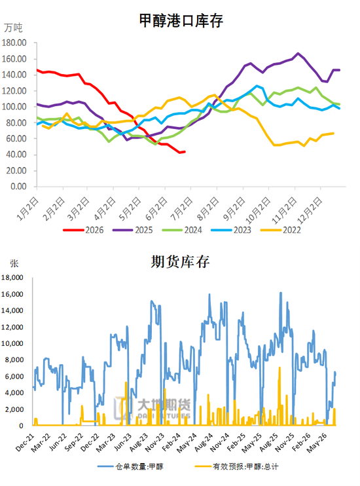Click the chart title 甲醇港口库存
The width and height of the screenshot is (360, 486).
click(x=181, y=21)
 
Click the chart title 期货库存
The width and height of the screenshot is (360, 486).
click(x=180, y=261)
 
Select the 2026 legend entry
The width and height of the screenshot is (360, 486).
click(x=83, y=230)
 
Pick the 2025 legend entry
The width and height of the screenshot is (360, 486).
click(x=133, y=230)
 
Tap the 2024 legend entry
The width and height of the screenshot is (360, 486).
click(x=182, y=230)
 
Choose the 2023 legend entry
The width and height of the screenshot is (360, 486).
click(x=231, y=230)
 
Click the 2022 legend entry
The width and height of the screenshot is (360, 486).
click(x=280, y=230)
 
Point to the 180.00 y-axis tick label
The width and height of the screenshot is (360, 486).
click(x=14, y=43)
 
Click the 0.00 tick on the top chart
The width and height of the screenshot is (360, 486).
click(x=18, y=186)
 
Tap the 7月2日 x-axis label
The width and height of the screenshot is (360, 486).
click(x=181, y=209)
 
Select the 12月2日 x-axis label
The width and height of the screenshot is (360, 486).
click(x=310, y=211)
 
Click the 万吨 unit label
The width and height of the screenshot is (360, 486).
click(x=13, y=28)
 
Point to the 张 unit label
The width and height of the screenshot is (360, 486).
click(x=14, y=263)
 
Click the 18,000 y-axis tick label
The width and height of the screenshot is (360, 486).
click(x=12, y=278)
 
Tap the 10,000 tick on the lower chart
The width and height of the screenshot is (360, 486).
click(x=12, y=343)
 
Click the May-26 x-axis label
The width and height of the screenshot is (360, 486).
click(x=317, y=443)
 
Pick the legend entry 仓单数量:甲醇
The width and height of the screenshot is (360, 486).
click(x=130, y=466)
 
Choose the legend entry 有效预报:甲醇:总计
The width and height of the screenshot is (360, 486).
click(x=237, y=466)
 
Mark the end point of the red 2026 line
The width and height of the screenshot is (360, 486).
click(x=185, y=151)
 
